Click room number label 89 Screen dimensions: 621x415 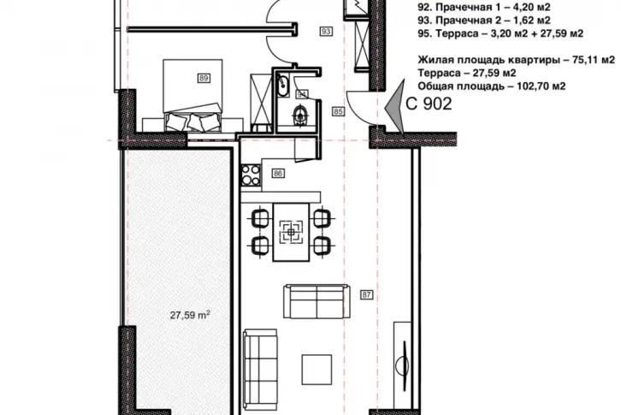point(204,78)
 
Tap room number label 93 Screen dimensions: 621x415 point(326,31)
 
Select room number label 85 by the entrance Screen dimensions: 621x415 point(338,112)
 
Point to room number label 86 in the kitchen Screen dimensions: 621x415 point(278,173)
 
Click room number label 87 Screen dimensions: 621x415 point(366,294)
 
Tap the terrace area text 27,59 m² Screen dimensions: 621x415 point(190,315)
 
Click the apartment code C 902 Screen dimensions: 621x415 point(429,104)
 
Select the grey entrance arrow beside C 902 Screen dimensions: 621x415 point(396,106)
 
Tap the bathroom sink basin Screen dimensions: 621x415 point(283,84)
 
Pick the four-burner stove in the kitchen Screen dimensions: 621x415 point(251,175)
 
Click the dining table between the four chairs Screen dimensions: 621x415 point(291,232)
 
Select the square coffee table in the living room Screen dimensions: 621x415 point(316,370)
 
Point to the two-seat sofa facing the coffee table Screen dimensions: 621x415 point(316,301)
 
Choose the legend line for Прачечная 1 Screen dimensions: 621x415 point(484,7)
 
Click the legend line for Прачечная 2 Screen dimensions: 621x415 point(484,20)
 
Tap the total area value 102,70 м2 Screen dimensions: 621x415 point(541,86)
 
